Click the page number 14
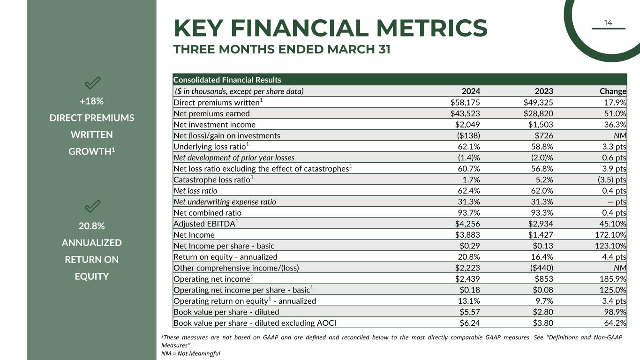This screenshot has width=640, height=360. tap(608, 22)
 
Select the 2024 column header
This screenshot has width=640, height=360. tap(471, 91)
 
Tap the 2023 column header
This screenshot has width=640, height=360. tap(544, 91)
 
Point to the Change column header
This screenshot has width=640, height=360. tap(613, 91)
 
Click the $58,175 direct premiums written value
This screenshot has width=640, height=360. tap(462, 102)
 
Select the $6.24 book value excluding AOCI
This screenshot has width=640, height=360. tap(470, 323)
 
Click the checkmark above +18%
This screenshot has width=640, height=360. tap(92, 83)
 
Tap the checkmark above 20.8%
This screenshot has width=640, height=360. tap(92, 206)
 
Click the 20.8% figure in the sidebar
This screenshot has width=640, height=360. tap(91, 226)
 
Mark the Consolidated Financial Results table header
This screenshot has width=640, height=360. tap(227, 80)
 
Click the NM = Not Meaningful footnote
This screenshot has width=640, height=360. tap(190, 353)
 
